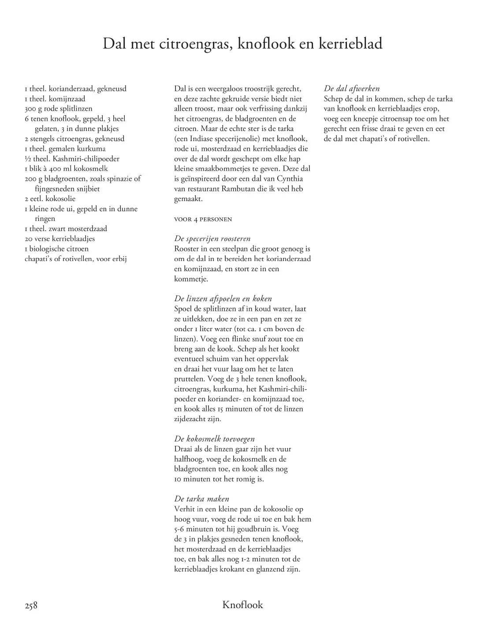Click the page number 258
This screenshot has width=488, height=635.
[31, 605]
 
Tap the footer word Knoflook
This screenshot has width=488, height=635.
[242, 605]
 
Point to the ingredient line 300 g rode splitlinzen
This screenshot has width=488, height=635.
[59, 108]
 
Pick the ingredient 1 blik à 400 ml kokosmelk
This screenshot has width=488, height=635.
[66, 168]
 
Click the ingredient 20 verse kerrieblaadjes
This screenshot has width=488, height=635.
[60, 239]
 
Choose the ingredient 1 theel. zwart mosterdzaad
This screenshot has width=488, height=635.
[66, 228]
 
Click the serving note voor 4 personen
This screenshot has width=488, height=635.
[203, 219]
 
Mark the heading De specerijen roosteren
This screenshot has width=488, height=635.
[212, 239]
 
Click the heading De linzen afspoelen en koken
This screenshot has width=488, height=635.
[223, 299]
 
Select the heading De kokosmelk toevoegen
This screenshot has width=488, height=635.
[214, 439]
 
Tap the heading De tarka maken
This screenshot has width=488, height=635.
[202, 499]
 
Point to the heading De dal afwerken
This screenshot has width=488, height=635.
[352, 89]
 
